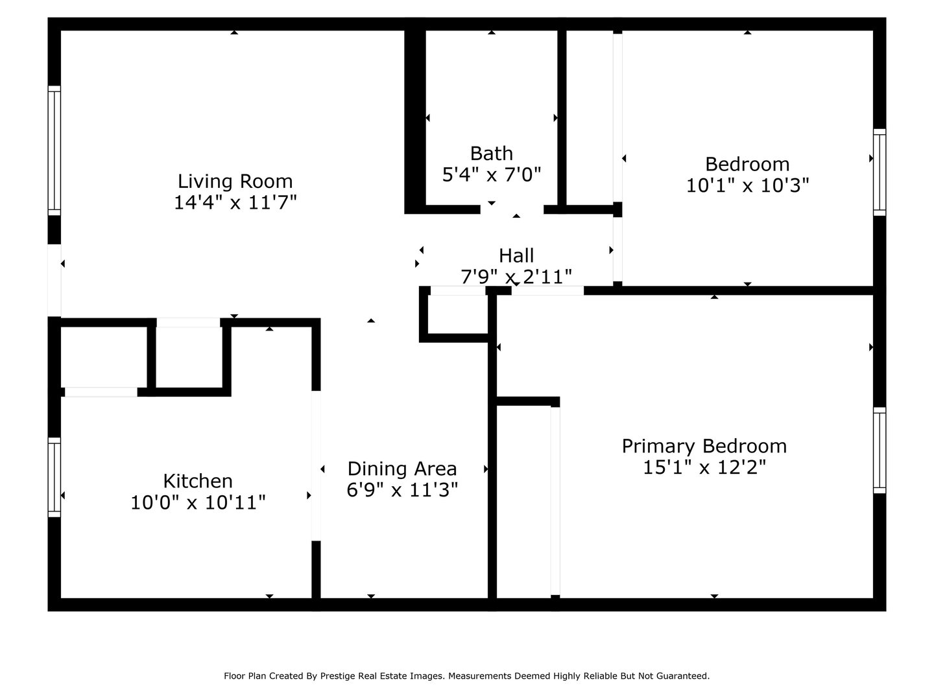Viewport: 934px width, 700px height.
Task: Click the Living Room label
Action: [x=235, y=181]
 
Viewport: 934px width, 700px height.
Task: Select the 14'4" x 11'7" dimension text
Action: [x=235, y=203]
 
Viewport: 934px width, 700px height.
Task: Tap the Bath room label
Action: [x=491, y=153]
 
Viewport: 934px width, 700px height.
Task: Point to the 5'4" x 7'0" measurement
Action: [x=491, y=174]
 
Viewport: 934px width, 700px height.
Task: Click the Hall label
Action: [x=516, y=255]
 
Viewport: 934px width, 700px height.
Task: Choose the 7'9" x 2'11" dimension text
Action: [x=516, y=277]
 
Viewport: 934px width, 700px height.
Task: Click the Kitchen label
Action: [x=198, y=481]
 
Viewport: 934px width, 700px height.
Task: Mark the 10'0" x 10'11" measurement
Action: [x=198, y=502]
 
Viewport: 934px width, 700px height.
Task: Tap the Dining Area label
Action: [x=402, y=469]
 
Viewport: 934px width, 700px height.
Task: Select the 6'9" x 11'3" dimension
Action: [x=402, y=490]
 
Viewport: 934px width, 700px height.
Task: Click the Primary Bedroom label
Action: [x=704, y=446]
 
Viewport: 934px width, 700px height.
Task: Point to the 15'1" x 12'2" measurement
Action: [x=704, y=467]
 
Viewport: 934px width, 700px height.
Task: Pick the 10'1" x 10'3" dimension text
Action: [x=747, y=186]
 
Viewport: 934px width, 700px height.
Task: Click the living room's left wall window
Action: [x=54, y=150]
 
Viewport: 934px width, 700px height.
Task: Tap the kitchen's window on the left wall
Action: [x=54, y=477]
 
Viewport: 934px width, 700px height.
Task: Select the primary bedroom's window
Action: [x=880, y=450]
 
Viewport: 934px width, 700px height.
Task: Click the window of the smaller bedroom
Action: [x=880, y=172]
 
